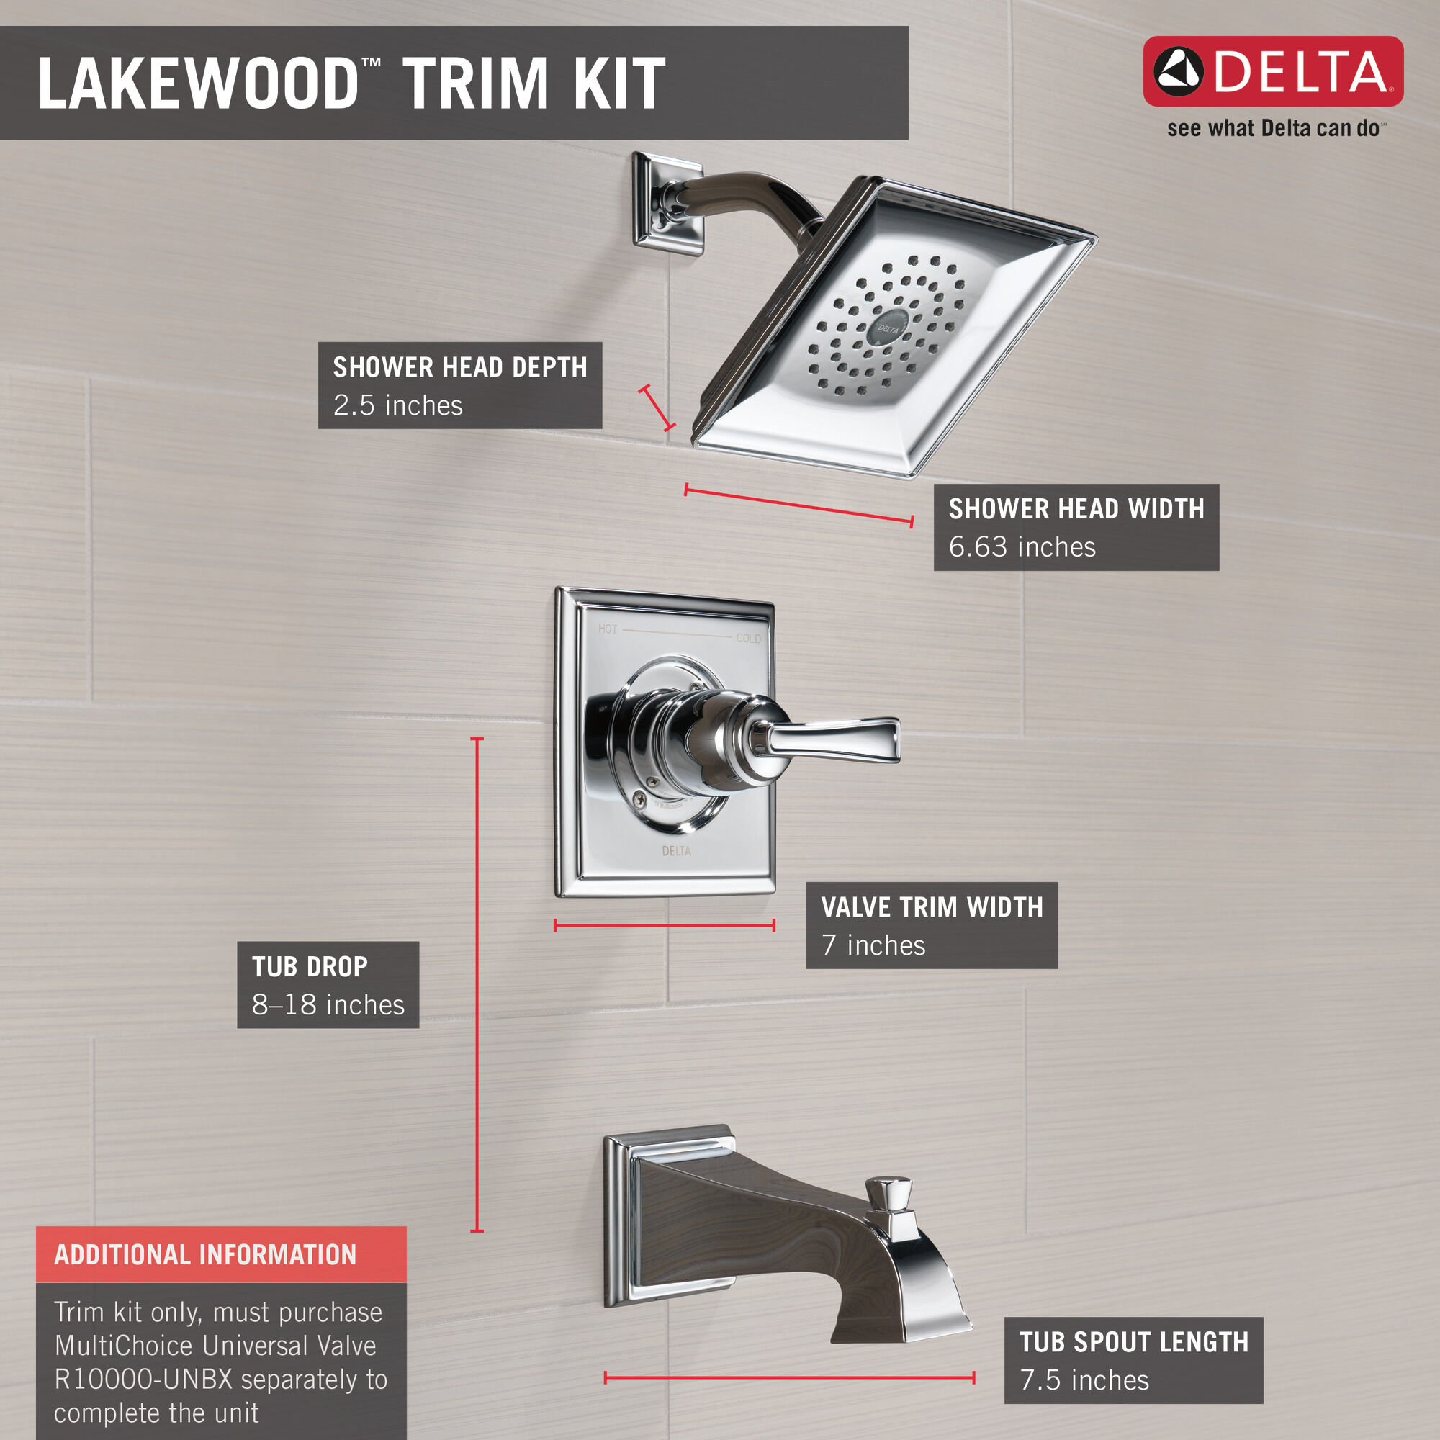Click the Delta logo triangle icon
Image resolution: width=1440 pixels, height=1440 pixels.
(x=1179, y=71)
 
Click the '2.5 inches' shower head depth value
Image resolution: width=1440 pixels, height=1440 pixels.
(x=397, y=405)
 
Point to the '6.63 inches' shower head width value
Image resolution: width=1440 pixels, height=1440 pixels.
(x=1022, y=547)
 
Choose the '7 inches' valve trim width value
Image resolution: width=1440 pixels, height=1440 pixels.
(x=873, y=945)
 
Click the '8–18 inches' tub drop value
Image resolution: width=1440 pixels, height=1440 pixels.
(x=328, y=1004)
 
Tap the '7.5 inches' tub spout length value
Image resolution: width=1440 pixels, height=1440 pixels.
(x=1084, y=1380)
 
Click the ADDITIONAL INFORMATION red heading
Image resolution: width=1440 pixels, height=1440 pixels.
(x=206, y=1255)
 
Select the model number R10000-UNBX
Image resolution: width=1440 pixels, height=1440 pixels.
(x=144, y=1380)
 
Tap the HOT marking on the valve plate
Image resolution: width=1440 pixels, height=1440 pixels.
(x=608, y=629)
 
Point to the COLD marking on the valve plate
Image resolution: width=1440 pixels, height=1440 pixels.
(x=748, y=639)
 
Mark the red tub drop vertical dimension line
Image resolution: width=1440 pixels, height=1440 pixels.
(x=477, y=984)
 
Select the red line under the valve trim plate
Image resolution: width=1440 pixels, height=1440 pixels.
(x=664, y=926)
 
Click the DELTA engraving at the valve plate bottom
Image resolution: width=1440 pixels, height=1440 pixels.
(x=676, y=851)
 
